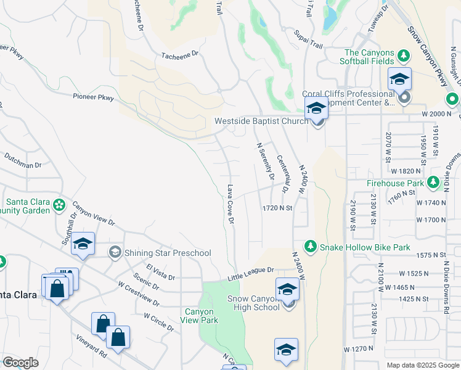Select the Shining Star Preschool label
point(168,253)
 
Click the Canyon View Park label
point(199,316)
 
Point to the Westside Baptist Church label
point(261,121)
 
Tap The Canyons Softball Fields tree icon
point(404,56)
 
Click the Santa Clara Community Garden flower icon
point(59,204)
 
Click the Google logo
point(20,363)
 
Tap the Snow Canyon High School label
point(253,303)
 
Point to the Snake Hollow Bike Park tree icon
point(311,247)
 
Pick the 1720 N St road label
point(276,208)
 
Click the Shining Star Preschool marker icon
point(115,252)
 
